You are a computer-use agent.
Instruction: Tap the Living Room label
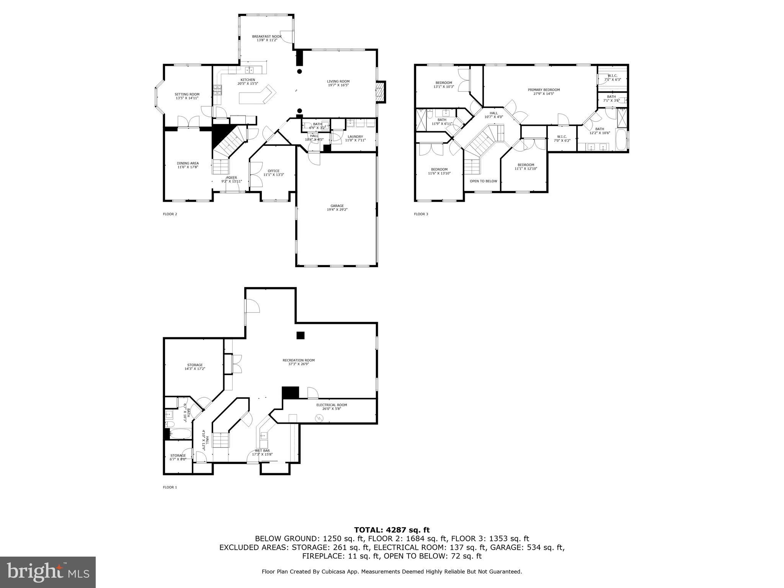point(338,81)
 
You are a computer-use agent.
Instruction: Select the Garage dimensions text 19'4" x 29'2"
point(337,209)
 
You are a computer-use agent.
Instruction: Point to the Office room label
point(273,171)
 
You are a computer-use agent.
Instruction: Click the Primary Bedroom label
point(544,90)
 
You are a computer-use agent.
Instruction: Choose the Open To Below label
point(483,181)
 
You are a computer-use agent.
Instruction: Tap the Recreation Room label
point(299,360)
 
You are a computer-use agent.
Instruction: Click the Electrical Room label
point(332,405)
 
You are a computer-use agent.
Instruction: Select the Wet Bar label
point(262,451)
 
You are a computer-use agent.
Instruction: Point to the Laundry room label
point(355,137)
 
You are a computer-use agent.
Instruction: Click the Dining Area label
point(188,163)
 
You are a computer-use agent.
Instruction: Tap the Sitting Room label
point(187,94)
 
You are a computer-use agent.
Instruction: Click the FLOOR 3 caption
point(421,214)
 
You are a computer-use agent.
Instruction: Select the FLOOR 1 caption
point(170,487)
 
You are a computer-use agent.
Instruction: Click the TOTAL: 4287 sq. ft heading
point(392,530)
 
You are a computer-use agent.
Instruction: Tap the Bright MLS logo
point(48,572)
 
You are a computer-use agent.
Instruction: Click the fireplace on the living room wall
point(381,92)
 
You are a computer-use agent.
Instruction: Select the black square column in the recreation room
point(301,335)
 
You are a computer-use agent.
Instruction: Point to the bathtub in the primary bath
point(621,140)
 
